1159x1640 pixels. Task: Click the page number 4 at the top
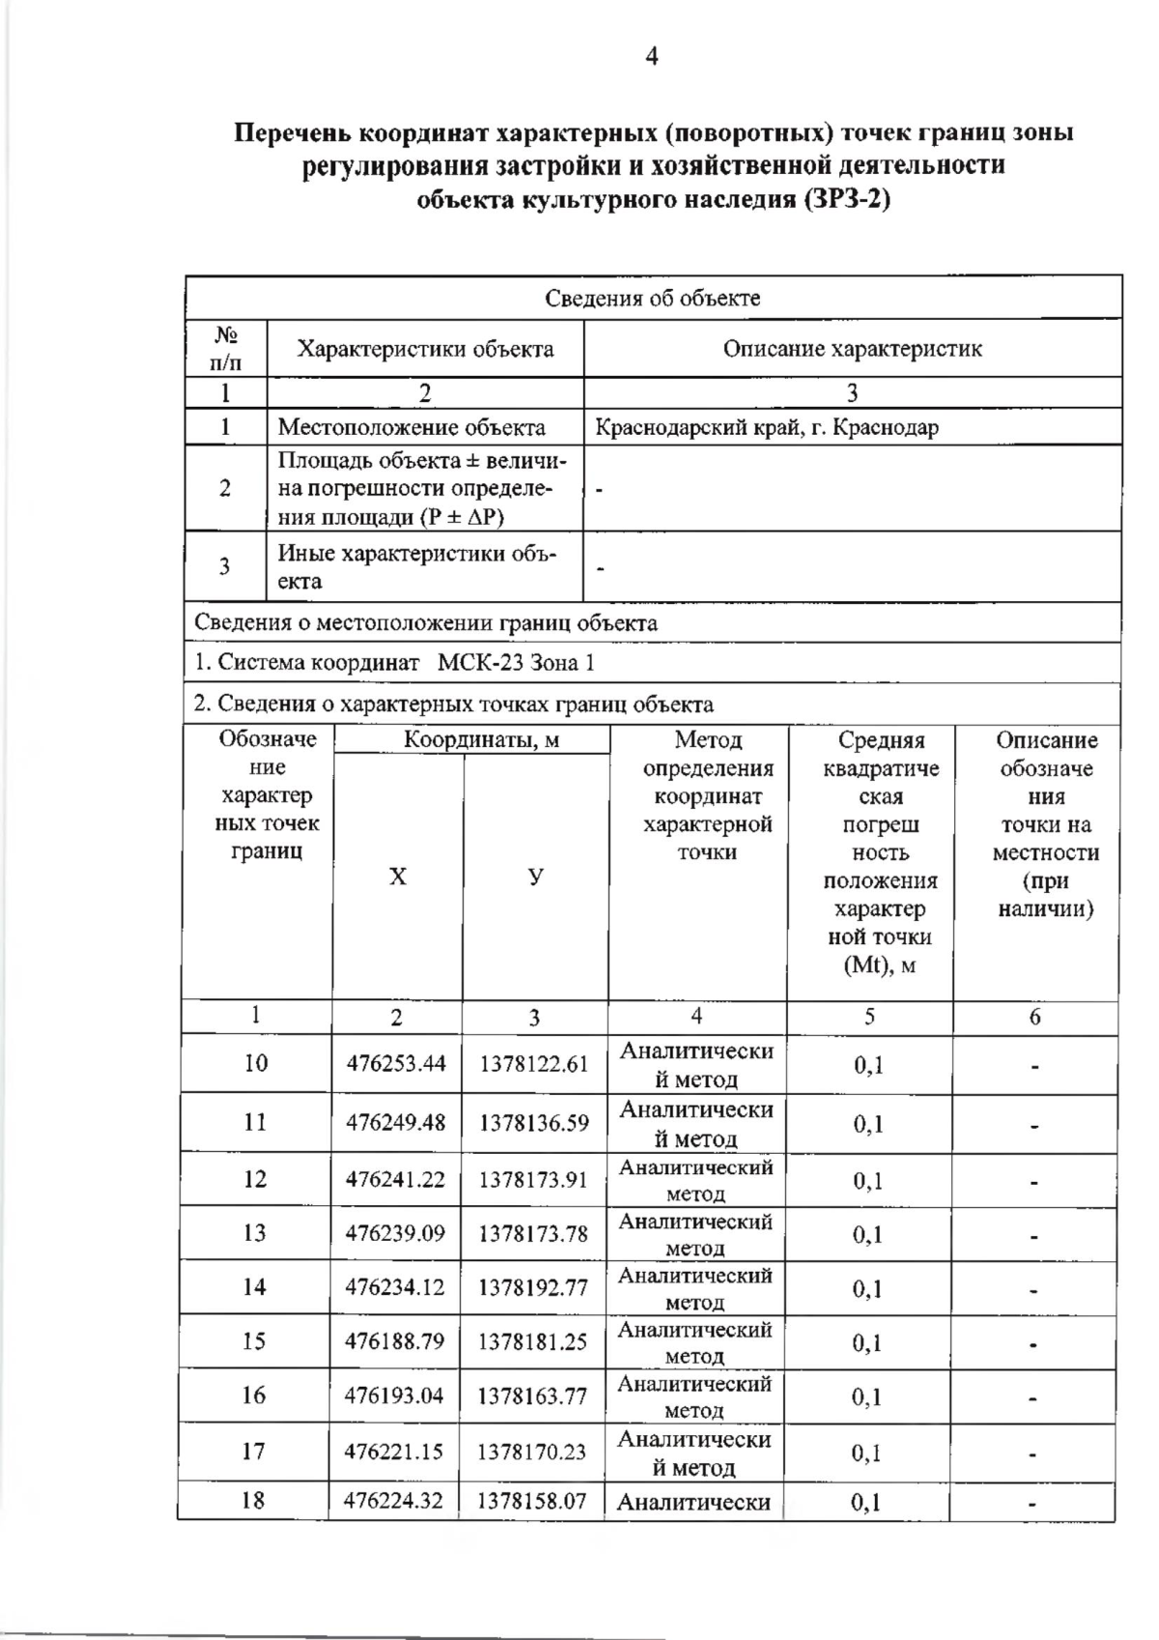tap(651, 57)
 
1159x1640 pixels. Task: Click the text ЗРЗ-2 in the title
tap(844, 200)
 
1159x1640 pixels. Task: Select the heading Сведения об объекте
tap(652, 298)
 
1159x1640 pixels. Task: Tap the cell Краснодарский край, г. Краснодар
tap(767, 427)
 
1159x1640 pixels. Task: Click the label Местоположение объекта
tap(411, 427)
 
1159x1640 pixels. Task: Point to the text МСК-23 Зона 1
tap(516, 663)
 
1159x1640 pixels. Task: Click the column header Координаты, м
tap(481, 740)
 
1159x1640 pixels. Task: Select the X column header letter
tap(398, 877)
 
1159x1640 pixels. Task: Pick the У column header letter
tap(535, 877)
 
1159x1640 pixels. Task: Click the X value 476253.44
tap(396, 1064)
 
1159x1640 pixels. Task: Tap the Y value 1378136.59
tap(533, 1123)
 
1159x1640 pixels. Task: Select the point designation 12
tap(255, 1179)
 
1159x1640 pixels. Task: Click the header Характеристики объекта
tap(425, 349)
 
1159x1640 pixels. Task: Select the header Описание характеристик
tap(852, 349)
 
